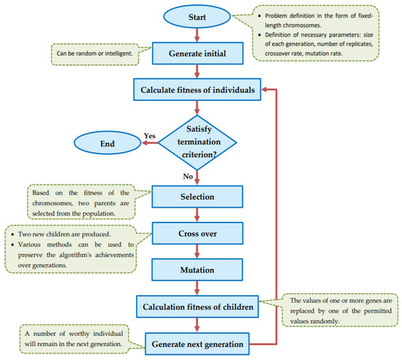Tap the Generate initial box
tap(196, 53)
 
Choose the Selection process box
tap(196, 195)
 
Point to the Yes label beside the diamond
tap(150, 135)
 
